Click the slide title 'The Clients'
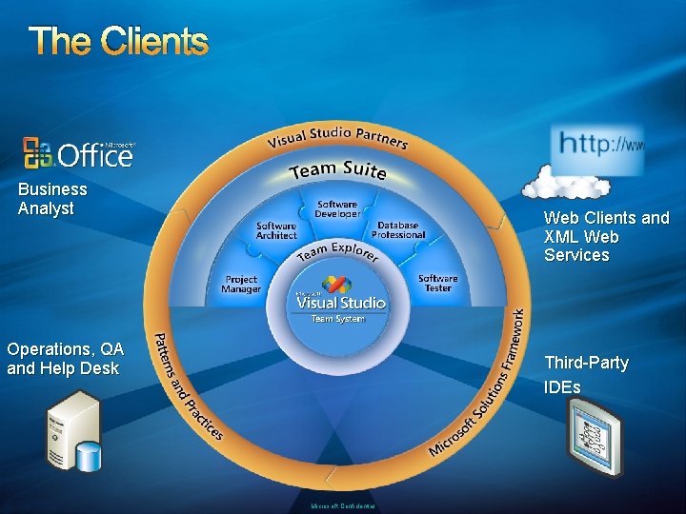pos(118,41)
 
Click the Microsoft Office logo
pos(80,152)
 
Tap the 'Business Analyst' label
pos(52,199)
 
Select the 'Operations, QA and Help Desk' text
pos(65,359)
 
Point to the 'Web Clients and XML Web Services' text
pos(606,236)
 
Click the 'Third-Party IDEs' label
pos(585,375)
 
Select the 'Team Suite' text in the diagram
pos(338,170)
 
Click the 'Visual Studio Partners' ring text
pos(337,138)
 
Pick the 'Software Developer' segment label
pos(337,208)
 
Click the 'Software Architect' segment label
pos(276,230)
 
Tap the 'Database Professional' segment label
pos(398,230)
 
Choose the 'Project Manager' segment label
pos(241,285)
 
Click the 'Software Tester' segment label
pos(438,283)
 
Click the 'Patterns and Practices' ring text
pos(187,385)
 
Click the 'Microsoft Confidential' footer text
pos(342,506)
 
